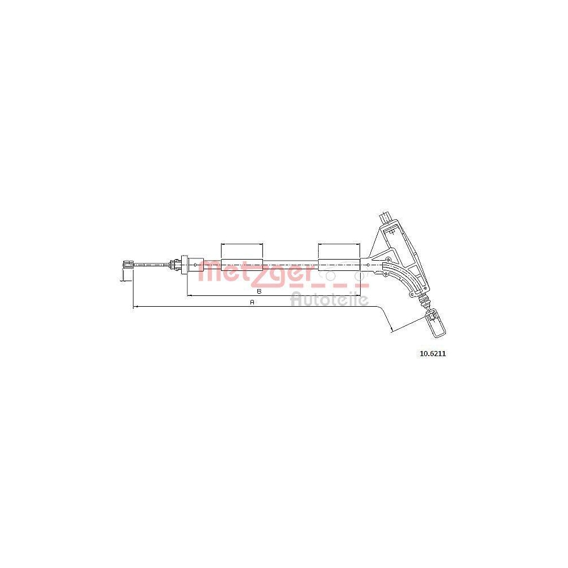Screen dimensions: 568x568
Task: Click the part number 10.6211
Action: coord(432,353)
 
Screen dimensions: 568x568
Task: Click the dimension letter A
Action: coord(253,302)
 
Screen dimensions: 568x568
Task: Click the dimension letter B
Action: coord(259,291)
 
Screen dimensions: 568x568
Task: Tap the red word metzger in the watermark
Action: coord(256,272)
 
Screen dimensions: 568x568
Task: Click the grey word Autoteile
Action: coord(329,299)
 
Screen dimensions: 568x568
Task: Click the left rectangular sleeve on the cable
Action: coord(241,265)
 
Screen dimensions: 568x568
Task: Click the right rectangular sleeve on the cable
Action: coord(339,265)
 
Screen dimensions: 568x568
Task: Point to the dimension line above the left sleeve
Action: coord(241,244)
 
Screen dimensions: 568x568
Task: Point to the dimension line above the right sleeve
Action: coord(339,244)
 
